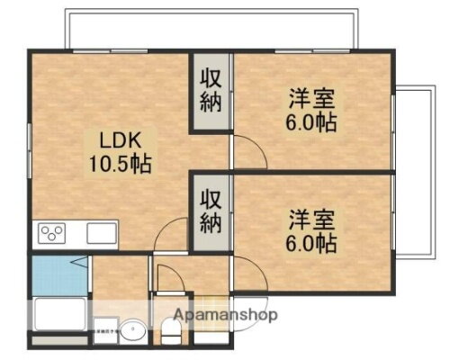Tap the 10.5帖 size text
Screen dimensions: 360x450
117,165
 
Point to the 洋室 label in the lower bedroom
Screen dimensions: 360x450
307,220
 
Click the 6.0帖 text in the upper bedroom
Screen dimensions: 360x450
311,122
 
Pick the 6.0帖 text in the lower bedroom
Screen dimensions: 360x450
311,242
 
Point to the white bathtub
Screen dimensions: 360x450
58,315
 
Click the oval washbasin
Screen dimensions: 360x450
131,332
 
